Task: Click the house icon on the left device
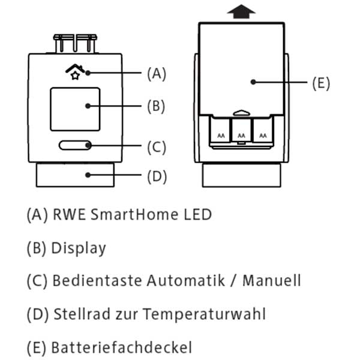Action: click(73, 73)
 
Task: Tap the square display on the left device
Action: click(75, 109)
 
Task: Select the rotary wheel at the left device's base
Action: click(75, 175)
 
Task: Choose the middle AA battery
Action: click(241, 133)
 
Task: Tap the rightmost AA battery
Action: click(262, 133)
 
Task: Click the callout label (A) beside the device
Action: click(156, 74)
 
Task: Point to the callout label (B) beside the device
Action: click(156, 106)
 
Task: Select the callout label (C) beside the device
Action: click(156, 146)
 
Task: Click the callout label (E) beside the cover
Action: click(320, 83)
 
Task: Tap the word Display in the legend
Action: click(79, 248)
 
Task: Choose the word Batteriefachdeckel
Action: click(122, 346)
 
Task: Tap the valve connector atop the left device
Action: click(76, 44)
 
